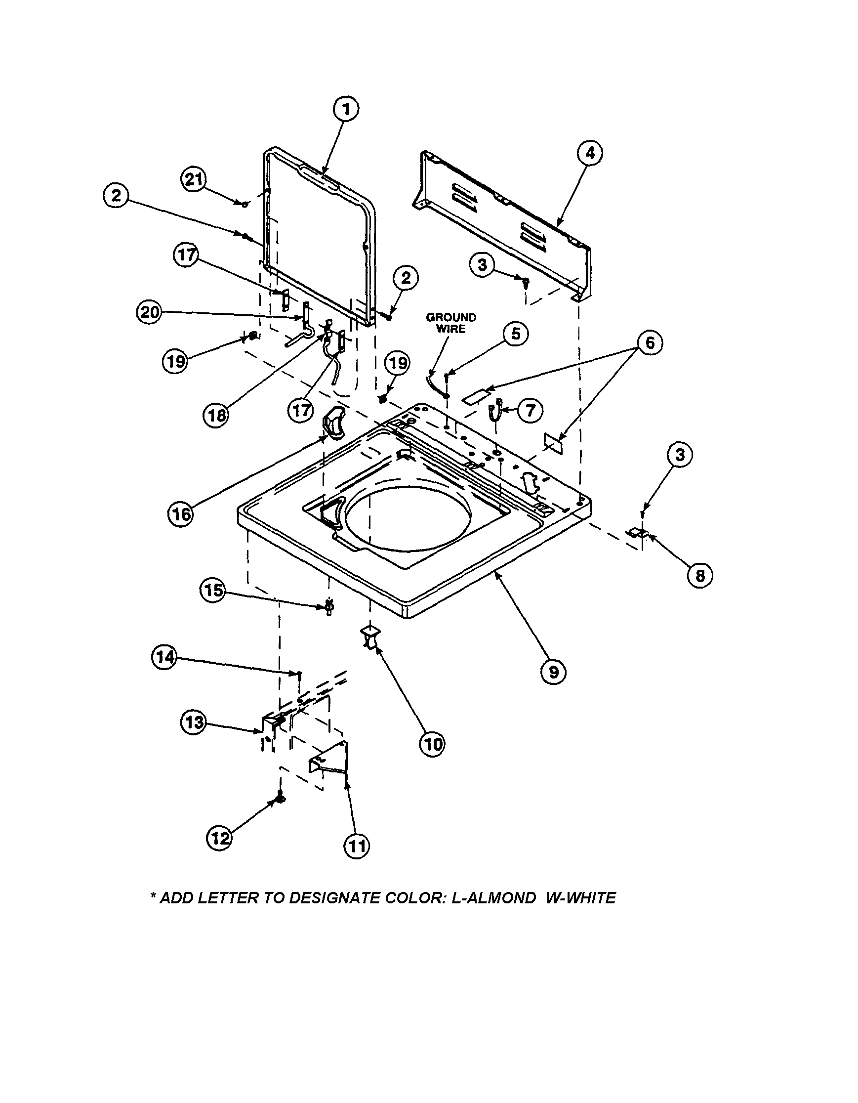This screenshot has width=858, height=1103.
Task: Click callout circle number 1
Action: coord(346,110)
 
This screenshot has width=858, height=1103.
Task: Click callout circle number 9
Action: coord(553,672)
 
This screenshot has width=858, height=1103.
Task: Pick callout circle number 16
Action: coord(181,513)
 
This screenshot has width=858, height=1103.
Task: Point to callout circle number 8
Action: coord(699,574)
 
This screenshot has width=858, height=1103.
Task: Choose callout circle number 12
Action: coord(219,838)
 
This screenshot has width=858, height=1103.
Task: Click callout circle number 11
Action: coord(356,845)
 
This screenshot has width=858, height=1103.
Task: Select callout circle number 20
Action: coord(149,313)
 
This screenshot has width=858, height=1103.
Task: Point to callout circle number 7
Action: coord(530,410)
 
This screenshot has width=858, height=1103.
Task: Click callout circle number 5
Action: coord(515,334)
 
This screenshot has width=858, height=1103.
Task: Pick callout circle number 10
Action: coord(433,743)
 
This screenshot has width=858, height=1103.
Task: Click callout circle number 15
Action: coord(213,589)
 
